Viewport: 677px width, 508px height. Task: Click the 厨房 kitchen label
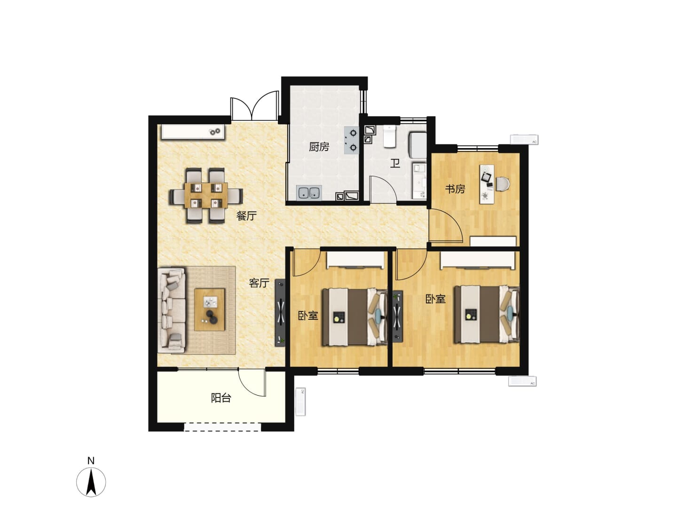319,147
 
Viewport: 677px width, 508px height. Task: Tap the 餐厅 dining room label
246,215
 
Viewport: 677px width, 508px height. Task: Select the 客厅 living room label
259,283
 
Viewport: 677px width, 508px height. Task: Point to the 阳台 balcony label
221,398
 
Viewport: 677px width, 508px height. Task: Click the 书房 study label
455,189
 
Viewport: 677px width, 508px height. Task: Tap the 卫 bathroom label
395,163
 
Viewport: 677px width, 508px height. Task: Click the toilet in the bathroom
389,136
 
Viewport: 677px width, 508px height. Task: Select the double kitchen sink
309,193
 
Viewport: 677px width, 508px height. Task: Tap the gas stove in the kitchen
351,140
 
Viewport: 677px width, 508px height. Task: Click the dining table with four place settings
206,195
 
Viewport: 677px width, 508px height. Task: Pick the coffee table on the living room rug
209,310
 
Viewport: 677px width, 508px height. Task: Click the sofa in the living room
172,310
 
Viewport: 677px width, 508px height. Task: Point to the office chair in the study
502,184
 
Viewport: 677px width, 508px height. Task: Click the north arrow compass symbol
91,482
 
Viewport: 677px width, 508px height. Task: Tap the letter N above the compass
91,461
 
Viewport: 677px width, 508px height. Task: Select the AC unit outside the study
524,139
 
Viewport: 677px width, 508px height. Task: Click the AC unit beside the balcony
300,402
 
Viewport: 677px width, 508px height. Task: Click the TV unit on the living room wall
280,313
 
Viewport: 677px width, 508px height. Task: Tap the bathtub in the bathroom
417,145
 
